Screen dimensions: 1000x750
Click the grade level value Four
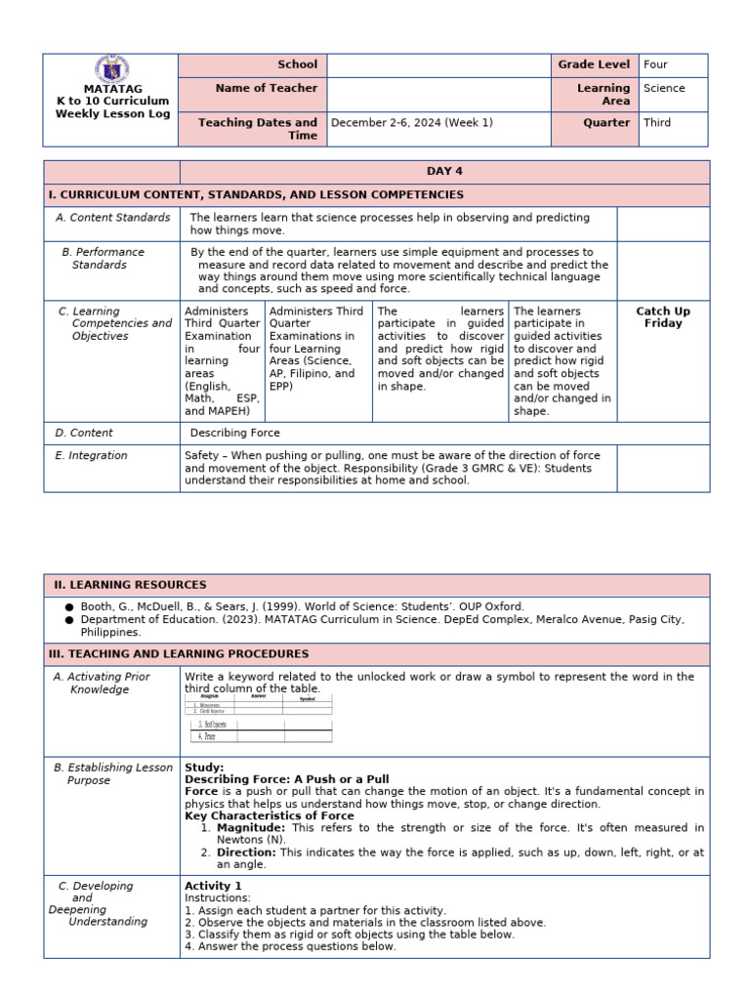tap(655, 64)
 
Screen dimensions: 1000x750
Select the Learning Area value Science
tap(664, 88)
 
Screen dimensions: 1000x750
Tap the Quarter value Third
tap(657, 123)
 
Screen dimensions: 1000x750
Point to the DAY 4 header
tap(444, 171)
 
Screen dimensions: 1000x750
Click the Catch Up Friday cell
tap(663, 317)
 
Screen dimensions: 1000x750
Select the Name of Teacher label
tap(266, 88)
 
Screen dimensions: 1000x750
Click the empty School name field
tap(438, 64)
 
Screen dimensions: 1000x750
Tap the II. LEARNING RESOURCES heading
tap(130, 585)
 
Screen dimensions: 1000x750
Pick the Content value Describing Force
tap(234, 433)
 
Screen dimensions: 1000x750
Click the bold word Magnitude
tap(250, 828)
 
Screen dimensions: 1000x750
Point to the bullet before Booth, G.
tap(69, 606)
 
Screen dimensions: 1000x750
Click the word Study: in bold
tap(204, 768)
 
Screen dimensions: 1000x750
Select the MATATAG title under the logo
tap(112, 89)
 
